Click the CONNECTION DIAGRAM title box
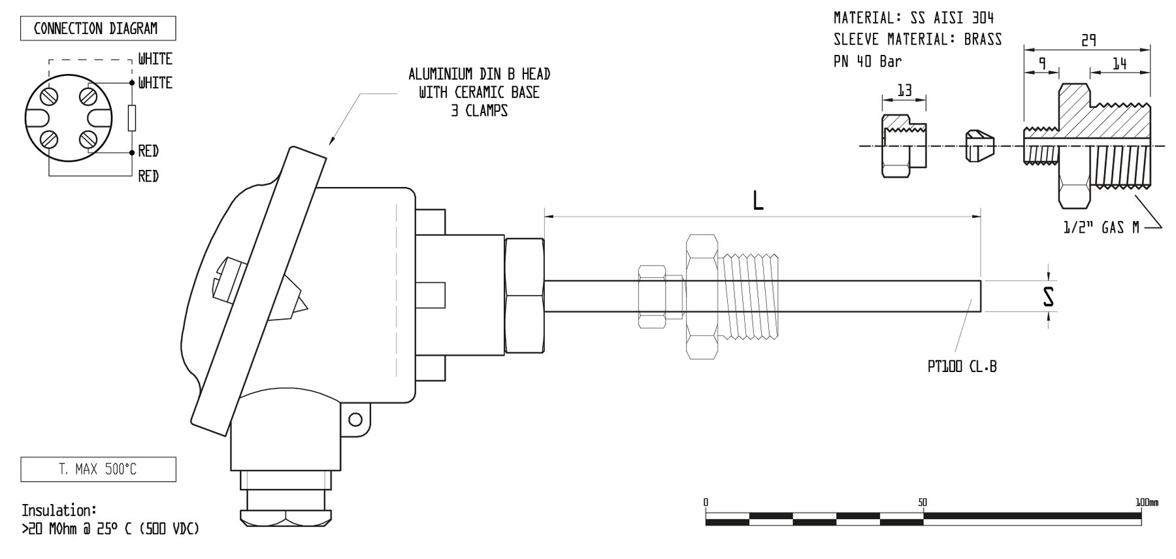pyautogui.click(x=97, y=29)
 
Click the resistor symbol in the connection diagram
pyautogui.click(x=132, y=118)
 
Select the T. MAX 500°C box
pyautogui.click(x=98, y=469)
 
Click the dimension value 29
pyautogui.click(x=1088, y=41)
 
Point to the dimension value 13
pyautogui.click(x=904, y=91)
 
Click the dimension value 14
pyautogui.click(x=1119, y=64)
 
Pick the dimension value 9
pyautogui.click(x=1042, y=64)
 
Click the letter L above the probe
pyautogui.click(x=758, y=201)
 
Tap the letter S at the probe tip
pyautogui.click(x=1049, y=297)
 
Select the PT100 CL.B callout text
pyautogui.click(x=962, y=367)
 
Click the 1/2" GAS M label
pyautogui.click(x=1101, y=228)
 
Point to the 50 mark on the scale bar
pyautogui.click(x=922, y=503)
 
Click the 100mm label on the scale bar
pyautogui.click(x=1147, y=503)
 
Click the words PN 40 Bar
pyautogui.click(x=867, y=62)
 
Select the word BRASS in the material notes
pyautogui.click(x=983, y=39)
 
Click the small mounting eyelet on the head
pyautogui.click(x=355, y=418)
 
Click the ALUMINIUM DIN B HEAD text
pyautogui.click(x=479, y=74)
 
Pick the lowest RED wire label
pyautogui.click(x=148, y=177)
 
